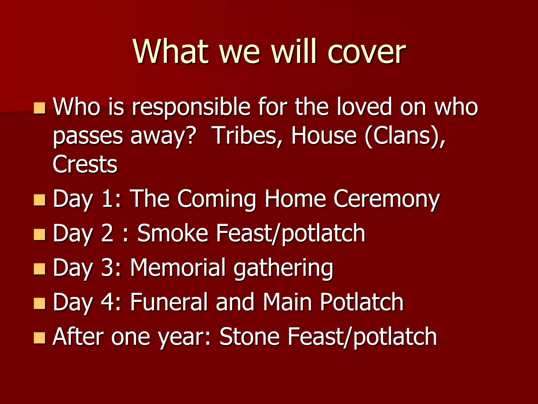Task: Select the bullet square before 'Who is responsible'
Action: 40,108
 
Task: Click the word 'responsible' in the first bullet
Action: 191,107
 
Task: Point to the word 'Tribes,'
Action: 248,136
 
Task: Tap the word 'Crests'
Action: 85,164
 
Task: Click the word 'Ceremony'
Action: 386,199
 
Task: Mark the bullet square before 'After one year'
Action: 40,338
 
